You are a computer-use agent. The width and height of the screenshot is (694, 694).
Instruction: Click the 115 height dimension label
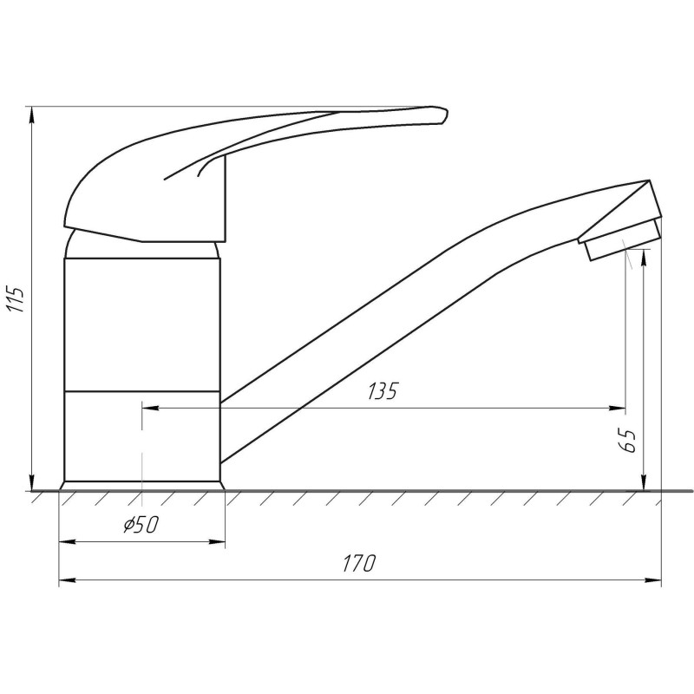(x=16, y=299)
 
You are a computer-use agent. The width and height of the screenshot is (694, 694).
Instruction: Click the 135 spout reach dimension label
(x=383, y=391)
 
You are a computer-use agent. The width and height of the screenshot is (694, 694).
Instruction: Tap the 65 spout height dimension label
(x=628, y=441)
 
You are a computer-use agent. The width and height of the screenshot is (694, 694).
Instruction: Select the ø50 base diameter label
(x=141, y=525)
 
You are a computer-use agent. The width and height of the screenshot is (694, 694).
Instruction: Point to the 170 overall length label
(x=359, y=563)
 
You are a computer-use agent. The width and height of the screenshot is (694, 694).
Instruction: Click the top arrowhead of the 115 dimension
(x=32, y=115)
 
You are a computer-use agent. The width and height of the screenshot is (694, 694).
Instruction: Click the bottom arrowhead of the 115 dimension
(x=32, y=483)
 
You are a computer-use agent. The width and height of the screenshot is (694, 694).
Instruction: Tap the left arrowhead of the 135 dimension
(x=150, y=408)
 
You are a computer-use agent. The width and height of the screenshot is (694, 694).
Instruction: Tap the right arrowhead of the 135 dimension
(x=617, y=408)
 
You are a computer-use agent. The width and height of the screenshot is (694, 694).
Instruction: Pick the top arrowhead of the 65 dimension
(x=645, y=258)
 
